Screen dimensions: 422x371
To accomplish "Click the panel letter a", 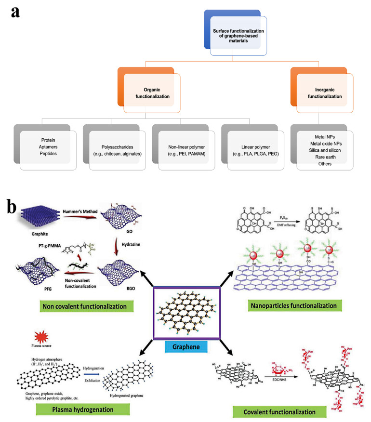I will (16, 12).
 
